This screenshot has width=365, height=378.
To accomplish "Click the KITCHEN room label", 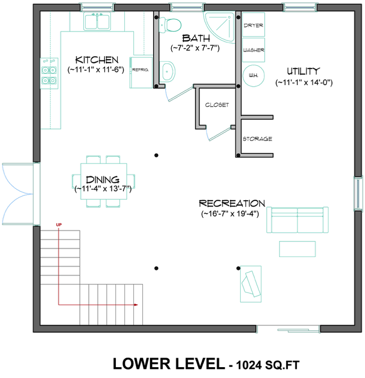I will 97,60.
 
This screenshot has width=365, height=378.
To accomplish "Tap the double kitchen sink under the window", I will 97,22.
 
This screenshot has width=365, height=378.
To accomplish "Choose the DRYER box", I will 253,26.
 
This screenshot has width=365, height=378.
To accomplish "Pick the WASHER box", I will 253,50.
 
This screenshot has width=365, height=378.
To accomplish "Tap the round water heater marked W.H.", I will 253,75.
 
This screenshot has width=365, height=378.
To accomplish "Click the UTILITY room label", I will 304,71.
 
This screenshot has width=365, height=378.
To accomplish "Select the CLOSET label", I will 217,105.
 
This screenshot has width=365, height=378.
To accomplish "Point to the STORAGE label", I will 257,139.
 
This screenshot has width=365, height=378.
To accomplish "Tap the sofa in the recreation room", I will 297,218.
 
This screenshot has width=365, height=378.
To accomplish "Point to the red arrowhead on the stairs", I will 136,305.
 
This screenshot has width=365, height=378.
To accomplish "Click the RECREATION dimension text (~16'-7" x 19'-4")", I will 232,214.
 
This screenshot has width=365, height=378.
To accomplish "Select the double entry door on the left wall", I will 19,193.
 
